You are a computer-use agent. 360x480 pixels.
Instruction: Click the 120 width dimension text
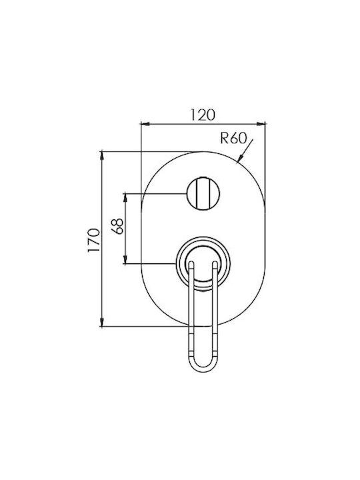point(203,115)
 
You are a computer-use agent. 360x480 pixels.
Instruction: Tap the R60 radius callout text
point(233,139)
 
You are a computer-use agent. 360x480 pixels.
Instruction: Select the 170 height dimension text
point(94,240)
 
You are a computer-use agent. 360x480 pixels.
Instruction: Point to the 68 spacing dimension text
point(119,226)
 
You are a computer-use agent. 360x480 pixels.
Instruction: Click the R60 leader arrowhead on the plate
point(241,157)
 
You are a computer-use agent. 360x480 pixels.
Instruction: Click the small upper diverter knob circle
point(203,194)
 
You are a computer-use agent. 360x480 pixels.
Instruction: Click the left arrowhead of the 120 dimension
point(145,124)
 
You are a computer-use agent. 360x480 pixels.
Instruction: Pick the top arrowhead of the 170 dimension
point(103,156)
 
